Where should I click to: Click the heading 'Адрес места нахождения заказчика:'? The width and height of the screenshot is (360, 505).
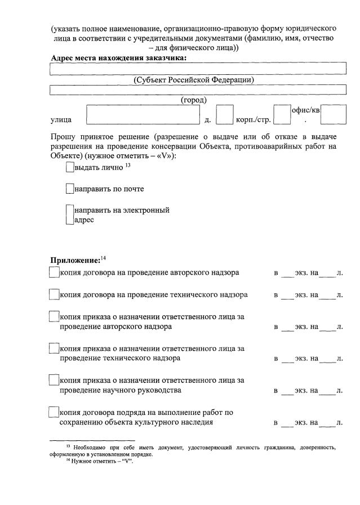[x=118, y=58]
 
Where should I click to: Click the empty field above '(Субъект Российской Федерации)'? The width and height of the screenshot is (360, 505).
[x=197, y=69]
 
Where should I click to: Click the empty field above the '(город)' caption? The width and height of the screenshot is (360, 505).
[x=197, y=90]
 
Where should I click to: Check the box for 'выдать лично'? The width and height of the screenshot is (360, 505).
[x=69, y=167]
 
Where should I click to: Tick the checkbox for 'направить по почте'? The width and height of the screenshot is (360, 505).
[x=69, y=189]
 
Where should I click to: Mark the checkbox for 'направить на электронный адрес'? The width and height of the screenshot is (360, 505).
[x=69, y=215]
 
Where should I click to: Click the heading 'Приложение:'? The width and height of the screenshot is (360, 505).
[x=74, y=260]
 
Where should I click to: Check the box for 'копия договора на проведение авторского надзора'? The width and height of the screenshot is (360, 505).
[x=54, y=273]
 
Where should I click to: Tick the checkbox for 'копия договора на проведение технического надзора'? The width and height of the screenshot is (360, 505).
[x=54, y=294]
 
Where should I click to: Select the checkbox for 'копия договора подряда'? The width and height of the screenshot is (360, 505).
[x=54, y=412]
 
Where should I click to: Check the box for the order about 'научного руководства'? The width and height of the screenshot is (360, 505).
[x=54, y=381]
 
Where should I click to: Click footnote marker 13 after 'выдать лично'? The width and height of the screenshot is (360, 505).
[x=128, y=164]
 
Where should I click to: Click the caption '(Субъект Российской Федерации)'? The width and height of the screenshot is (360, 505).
[x=194, y=80]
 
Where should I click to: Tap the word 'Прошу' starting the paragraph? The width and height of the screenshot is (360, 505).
[x=63, y=137]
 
